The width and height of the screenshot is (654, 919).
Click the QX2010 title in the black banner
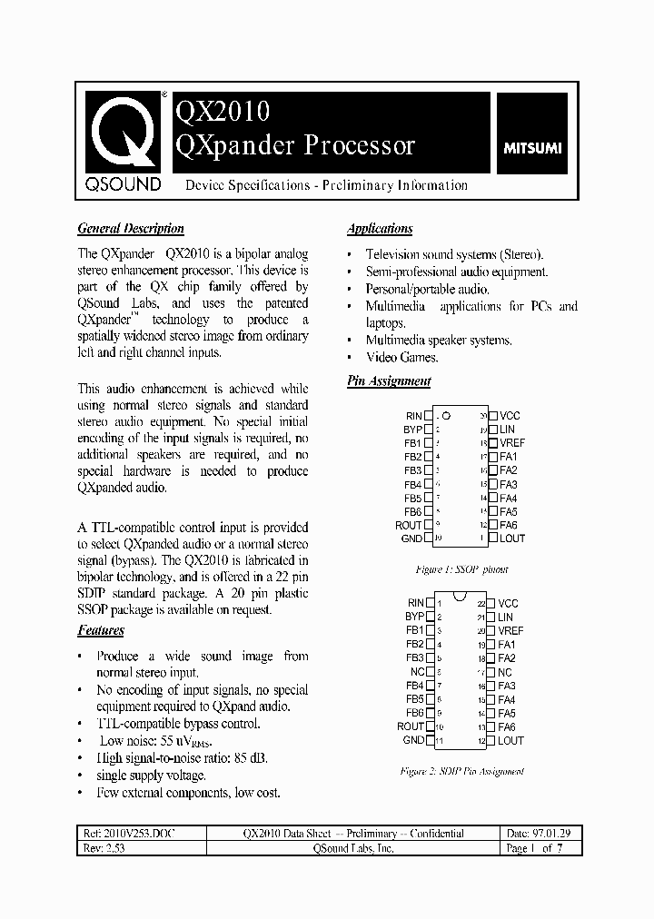tap(222, 111)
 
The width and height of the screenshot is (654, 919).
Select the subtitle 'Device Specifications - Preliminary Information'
tap(326, 185)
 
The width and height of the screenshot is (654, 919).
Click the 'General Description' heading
tap(131, 229)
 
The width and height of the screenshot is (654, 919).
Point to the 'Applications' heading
tap(380, 229)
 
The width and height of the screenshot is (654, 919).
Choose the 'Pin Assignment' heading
tap(389, 381)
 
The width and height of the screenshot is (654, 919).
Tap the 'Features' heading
tap(101, 630)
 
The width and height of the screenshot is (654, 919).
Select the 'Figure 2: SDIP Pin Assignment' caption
tap(462, 771)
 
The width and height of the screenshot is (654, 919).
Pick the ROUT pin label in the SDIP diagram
tap(410, 726)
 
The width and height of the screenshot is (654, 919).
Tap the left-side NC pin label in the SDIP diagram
tap(416, 672)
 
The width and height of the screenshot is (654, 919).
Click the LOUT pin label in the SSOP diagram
tap(511, 539)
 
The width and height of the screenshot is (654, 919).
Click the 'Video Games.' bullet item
tap(401, 357)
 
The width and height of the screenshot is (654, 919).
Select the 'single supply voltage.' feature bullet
tap(151, 776)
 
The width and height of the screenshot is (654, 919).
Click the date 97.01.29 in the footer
tap(552, 833)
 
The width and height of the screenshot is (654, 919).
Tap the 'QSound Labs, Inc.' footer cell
tap(352, 848)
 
